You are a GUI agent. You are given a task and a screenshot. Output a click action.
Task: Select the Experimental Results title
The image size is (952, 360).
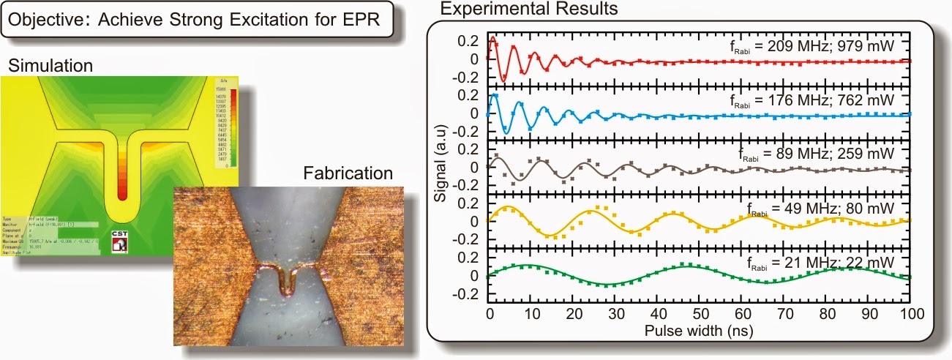pos(528,10)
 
